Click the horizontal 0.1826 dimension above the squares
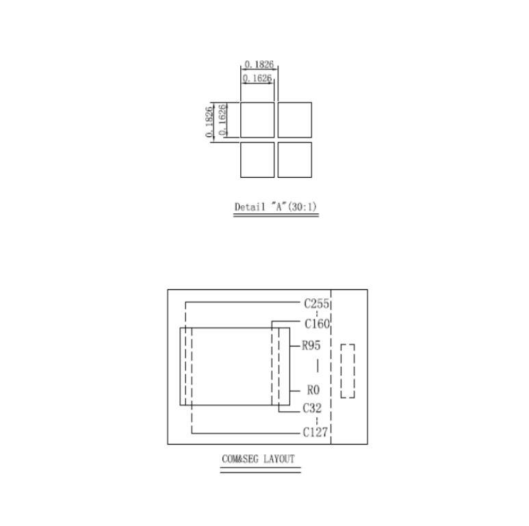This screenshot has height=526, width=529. point(259,64)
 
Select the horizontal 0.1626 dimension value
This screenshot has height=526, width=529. point(257,79)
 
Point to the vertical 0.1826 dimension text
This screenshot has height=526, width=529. point(209,122)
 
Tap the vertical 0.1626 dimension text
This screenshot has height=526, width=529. point(222,120)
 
